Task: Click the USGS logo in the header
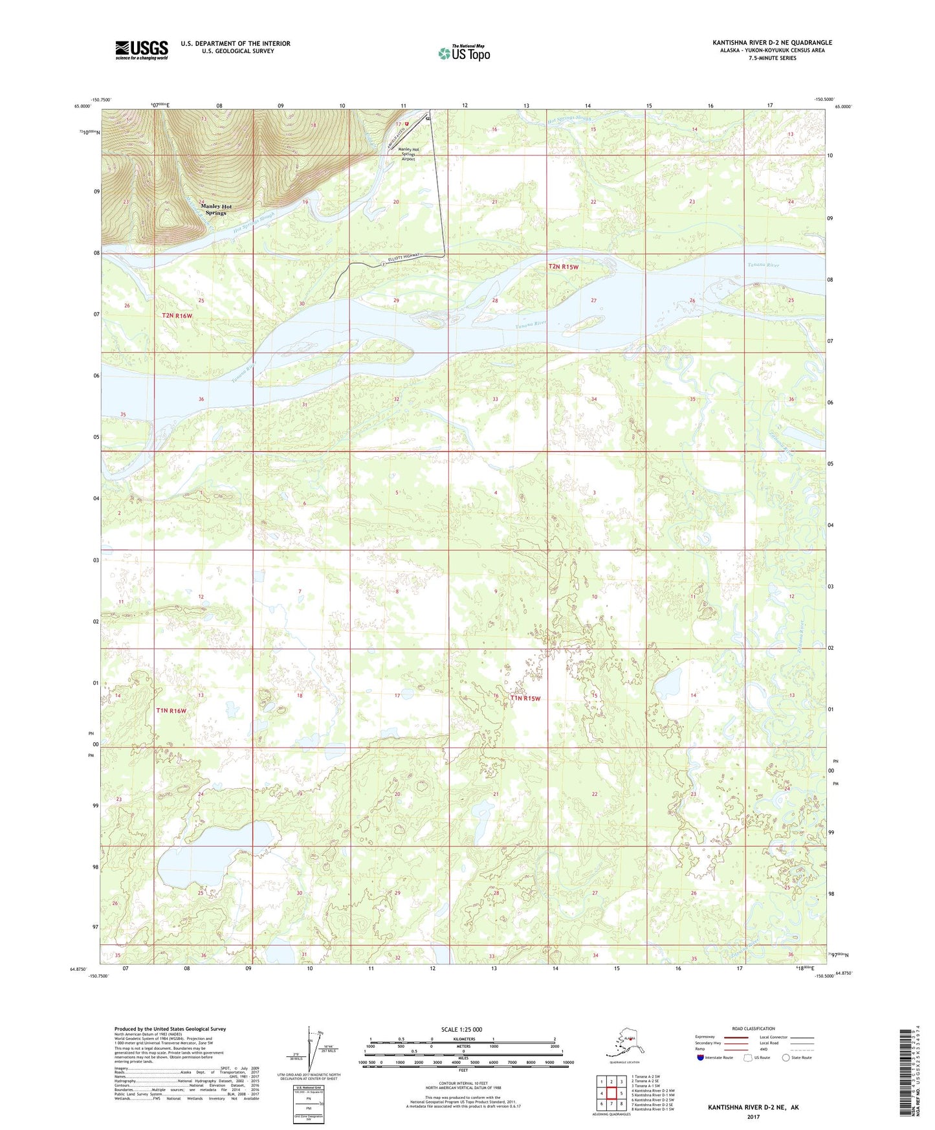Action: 142,50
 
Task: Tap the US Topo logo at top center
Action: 463,52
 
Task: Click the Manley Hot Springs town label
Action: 216,210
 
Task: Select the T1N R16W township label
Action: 171,711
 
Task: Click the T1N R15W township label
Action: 525,698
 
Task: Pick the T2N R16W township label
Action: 177,316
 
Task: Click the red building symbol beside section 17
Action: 408,123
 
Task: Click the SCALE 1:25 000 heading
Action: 462,1029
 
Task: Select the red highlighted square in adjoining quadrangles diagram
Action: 611,1093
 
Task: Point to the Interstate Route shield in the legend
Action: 701,1058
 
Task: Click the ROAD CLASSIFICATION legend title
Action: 753,1028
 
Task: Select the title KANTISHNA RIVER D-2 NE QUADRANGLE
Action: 772,43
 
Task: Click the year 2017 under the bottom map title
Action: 753,1116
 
